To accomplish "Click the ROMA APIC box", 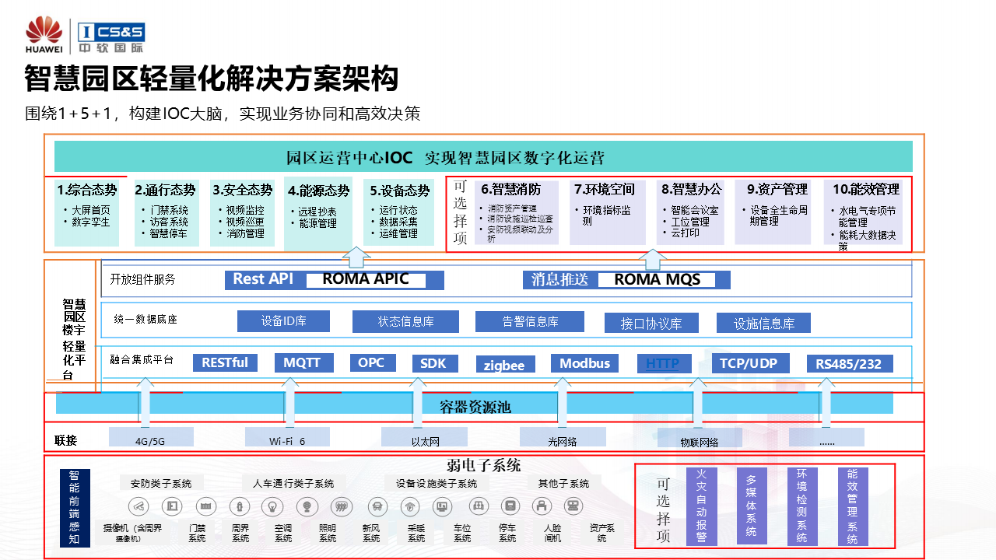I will click(x=366, y=280).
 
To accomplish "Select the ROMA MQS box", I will click(x=658, y=280).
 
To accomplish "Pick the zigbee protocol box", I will click(x=504, y=365).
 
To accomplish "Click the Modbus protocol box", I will click(x=584, y=363).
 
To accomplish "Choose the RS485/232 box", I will click(x=849, y=364).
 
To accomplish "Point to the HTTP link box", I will click(x=663, y=363).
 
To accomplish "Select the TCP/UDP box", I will click(x=749, y=363).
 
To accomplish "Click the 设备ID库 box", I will click(x=283, y=321).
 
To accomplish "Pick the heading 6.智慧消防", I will click(x=510, y=189).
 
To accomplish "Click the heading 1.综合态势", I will click(x=86, y=190).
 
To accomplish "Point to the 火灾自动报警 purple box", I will click(x=701, y=506).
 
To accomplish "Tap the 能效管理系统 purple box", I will click(x=853, y=506).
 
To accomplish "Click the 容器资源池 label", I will click(x=475, y=407).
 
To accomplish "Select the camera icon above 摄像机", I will click(x=140, y=506).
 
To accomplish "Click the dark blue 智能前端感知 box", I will click(x=74, y=507).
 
